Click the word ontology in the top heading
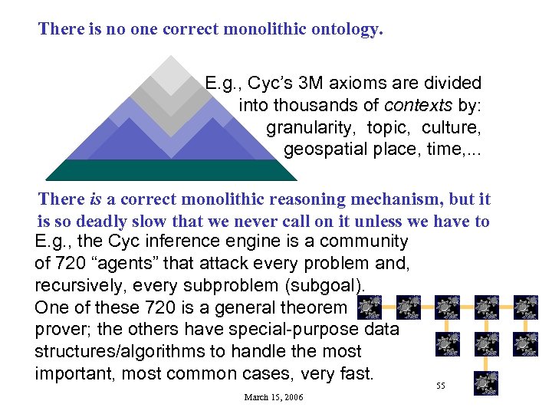[343, 30]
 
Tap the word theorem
[314, 308]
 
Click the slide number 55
[441, 386]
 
